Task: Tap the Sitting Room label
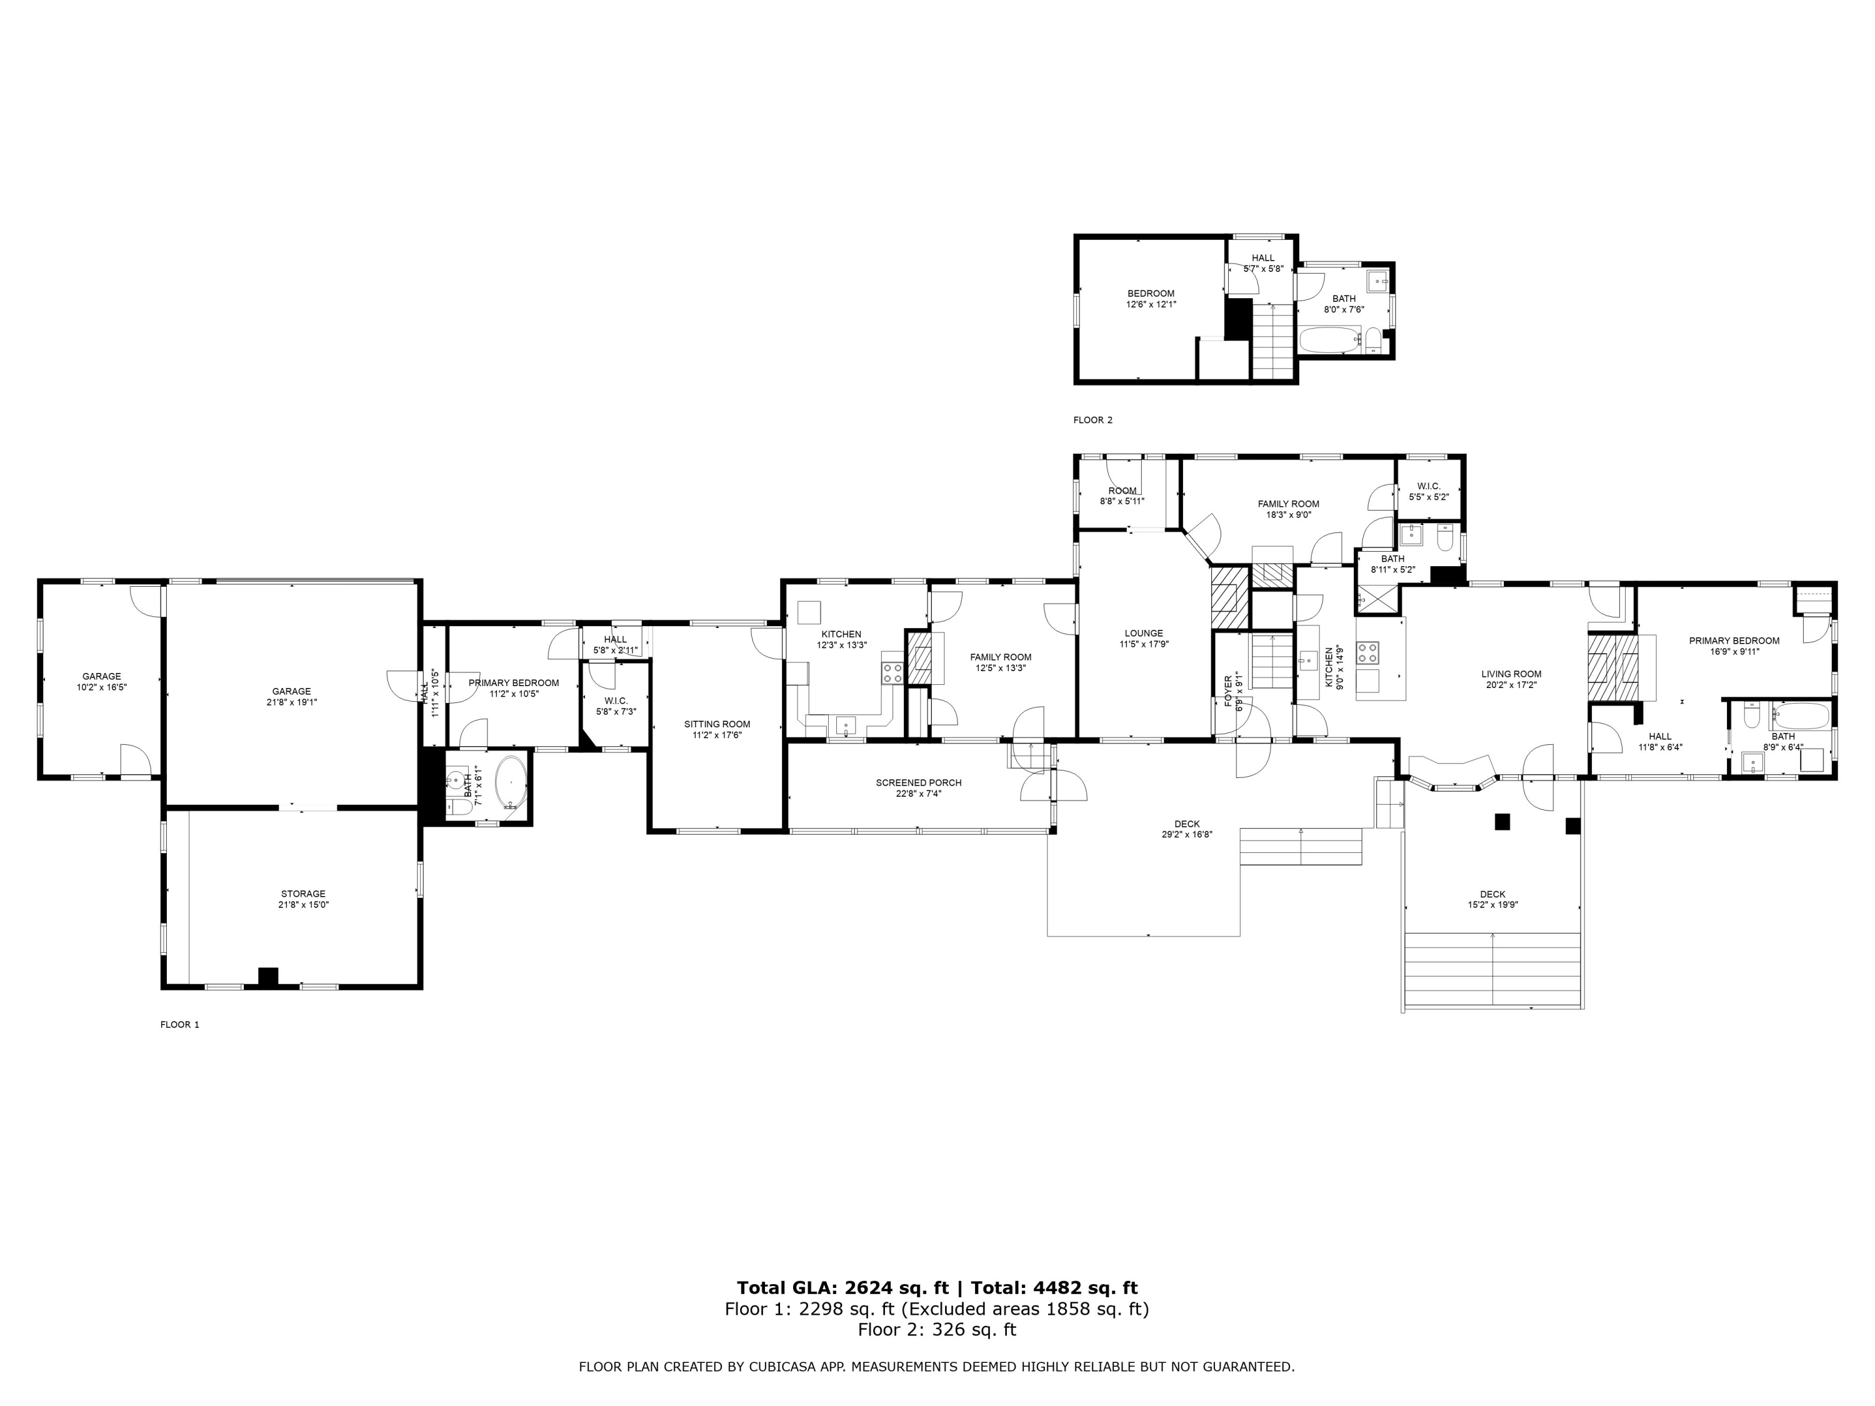(x=717, y=724)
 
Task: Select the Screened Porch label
(x=919, y=782)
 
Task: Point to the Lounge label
(x=1144, y=633)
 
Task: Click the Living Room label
(x=1511, y=674)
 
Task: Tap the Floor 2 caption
(x=1092, y=419)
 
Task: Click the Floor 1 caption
(x=180, y=1024)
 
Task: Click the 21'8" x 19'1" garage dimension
(x=292, y=702)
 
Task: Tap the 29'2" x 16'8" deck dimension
(x=1187, y=834)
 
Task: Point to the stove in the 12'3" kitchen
(x=892, y=673)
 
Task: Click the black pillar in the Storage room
(x=268, y=976)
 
